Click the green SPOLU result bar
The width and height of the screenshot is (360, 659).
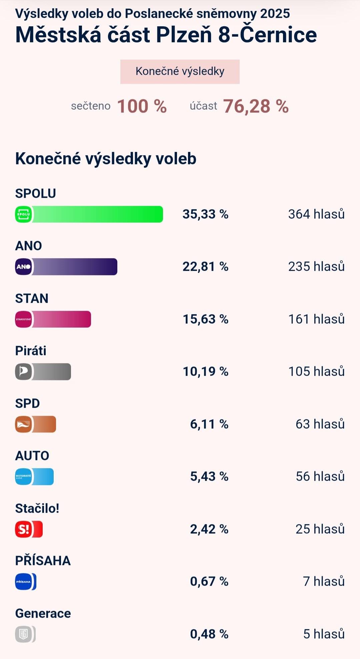pyautogui.click(x=97, y=214)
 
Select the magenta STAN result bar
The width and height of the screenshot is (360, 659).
pyautogui.click(x=61, y=319)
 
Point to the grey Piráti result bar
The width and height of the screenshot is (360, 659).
pyautogui.click(x=51, y=372)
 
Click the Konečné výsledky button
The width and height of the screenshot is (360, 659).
pyautogui.click(x=180, y=72)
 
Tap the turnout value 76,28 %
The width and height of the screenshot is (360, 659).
pyautogui.click(x=256, y=106)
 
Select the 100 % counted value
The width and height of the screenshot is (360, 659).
pyautogui.click(x=142, y=106)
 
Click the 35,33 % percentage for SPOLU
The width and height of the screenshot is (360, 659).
pyautogui.click(x=205, y=214)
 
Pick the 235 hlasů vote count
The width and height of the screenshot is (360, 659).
pyautogui.click(x=316, y=267)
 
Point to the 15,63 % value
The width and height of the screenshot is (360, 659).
pyautogui.click(x=205, y=319)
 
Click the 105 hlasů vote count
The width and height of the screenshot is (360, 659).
pyautogui.click(x=316, y=372)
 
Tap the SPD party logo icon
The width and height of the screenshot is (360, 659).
pyautogui.click(x=24, y=424)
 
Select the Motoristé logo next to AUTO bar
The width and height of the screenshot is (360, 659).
pyautogui.click(x=24, y=477)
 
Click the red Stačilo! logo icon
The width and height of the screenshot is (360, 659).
pyautogui.click(x=24, y=529)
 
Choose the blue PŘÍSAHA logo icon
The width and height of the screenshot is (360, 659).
pyautogui.click(x=24, y=582)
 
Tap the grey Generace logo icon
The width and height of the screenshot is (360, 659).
pyautogui.click(x=24, y=634)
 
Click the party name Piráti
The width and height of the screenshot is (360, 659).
pyautogui.click(x=31, y=351)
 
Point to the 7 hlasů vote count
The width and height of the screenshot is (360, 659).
pyautogui.click(x=324, y=582)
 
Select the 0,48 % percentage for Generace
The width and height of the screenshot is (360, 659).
pyautogui.click(x=209, y=634)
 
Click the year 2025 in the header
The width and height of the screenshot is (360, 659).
pyautogui.click(x=275, y=14)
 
